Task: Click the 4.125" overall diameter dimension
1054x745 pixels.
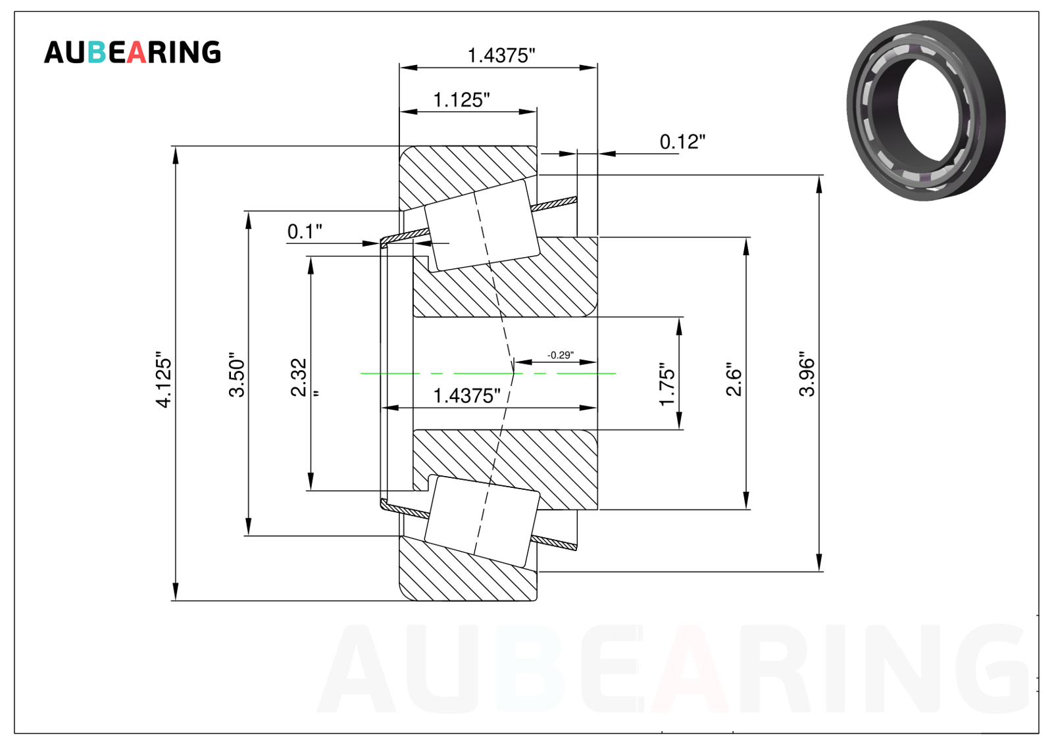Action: pyautogui.click(x=164, y=379)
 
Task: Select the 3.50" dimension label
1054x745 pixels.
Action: pyautogui.click(x=237, y=375)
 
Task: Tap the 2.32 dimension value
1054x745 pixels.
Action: pyautogui.click(x=299, y=377)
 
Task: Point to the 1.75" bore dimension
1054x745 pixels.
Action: pyautogui.click(x=666, y=384)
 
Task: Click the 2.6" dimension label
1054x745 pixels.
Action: pyautogui.click(x=734, y=379)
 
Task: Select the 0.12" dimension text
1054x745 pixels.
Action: pyautogui.click(x=682, y=141)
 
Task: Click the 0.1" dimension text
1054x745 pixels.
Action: pyautogui.click(x=305, y=231)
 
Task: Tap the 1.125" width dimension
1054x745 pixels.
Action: pyautogui.click(x=461, y=100)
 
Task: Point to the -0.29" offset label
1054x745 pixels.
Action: pyautogui.click(x=561, y=355)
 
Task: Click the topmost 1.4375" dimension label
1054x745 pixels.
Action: pyautogui.click(x=501, y=55)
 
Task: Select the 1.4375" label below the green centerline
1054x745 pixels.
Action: pyautogui.click(x=466, y=396)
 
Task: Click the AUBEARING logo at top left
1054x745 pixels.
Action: pyautogui.click(x=132, y=52)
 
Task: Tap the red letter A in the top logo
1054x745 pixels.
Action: pyautogui.click(x=136, y=52)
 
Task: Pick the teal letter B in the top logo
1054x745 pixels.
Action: pyautogui.click(x=97, y=52)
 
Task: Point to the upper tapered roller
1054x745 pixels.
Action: pyautogui.click(x=482, y=226)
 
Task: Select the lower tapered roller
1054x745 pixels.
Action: pyautogui.click(x=482, y=521)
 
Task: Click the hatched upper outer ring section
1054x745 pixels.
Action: pyautogui.click(x=468, y=176)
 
